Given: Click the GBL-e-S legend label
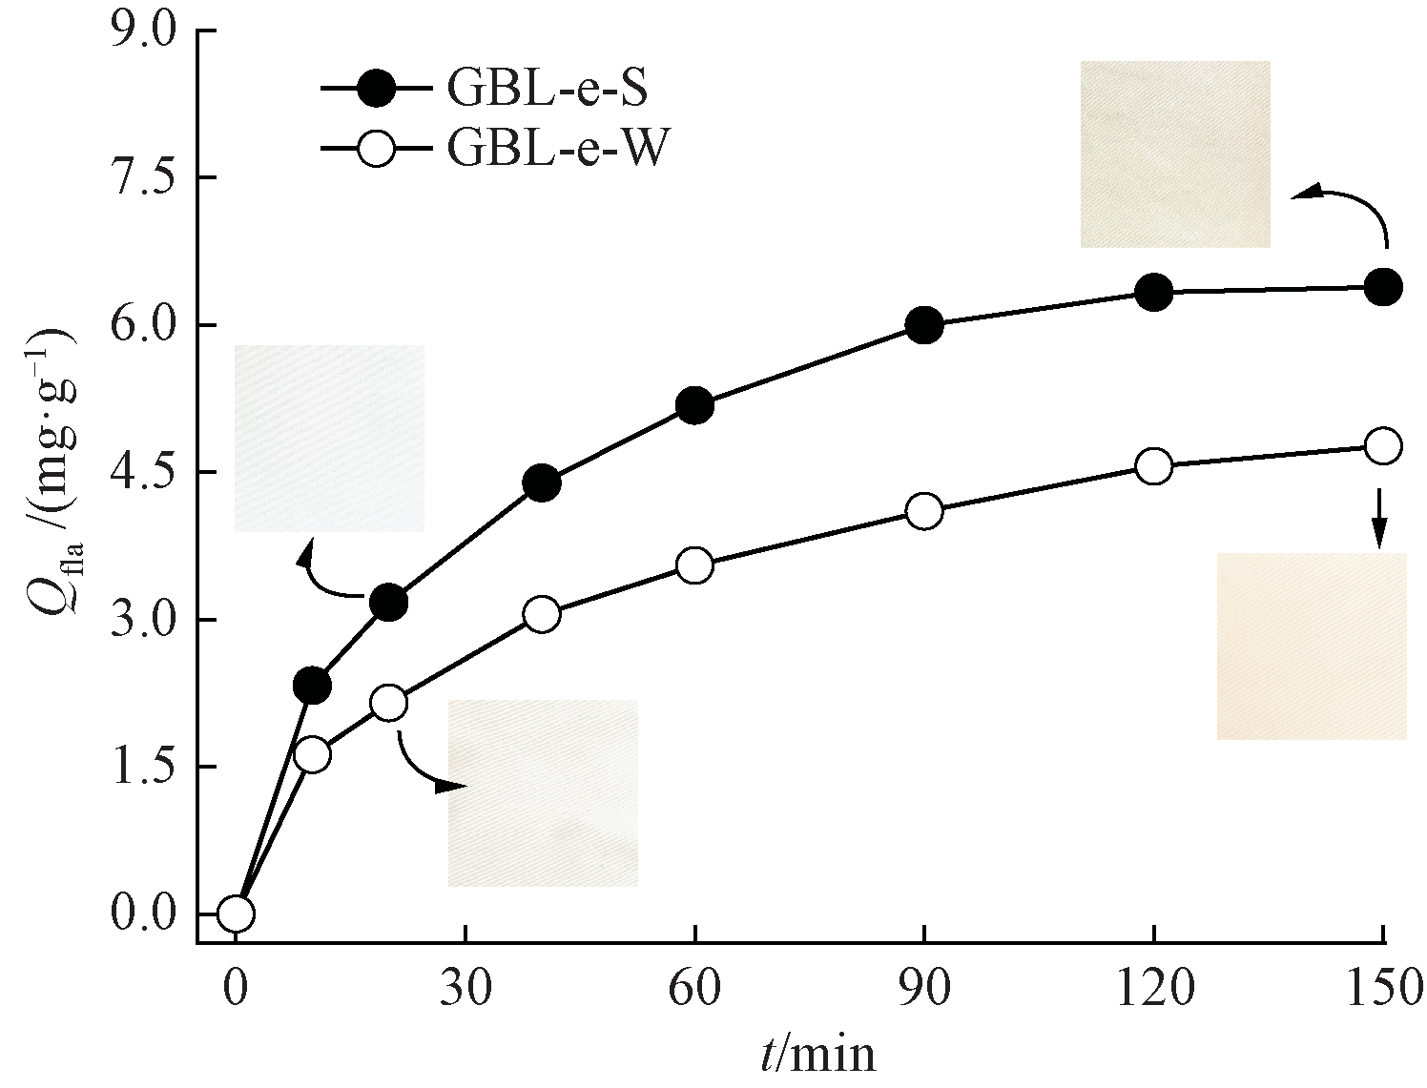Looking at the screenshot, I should (x=547, y=90).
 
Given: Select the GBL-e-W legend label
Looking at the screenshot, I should (x=553, y=150).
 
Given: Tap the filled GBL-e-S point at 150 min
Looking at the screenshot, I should (x=1383, y=286).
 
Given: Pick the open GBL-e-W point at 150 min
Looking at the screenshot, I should (x=1383, y=445).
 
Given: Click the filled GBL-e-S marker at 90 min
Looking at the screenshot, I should (x=924, y=325).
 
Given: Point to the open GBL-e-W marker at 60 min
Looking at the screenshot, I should (x=695, y=565).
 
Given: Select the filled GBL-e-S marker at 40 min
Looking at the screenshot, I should (x=542, y=483).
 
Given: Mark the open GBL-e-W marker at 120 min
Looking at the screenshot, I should (x=1154, y=466).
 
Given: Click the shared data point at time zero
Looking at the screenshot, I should (x=236, y=914).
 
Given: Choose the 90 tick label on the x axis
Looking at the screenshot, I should (x=924, y=991).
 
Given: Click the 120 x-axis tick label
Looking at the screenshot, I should (x=1154, y=991).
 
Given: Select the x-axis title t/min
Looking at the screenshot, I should (x=817, y=1055).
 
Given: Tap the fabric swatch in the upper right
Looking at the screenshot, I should (x=1175, y=154).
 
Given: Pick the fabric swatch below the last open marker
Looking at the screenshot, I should (x=1312, y=646).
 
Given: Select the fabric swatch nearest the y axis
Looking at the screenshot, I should (x=329, y=438).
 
